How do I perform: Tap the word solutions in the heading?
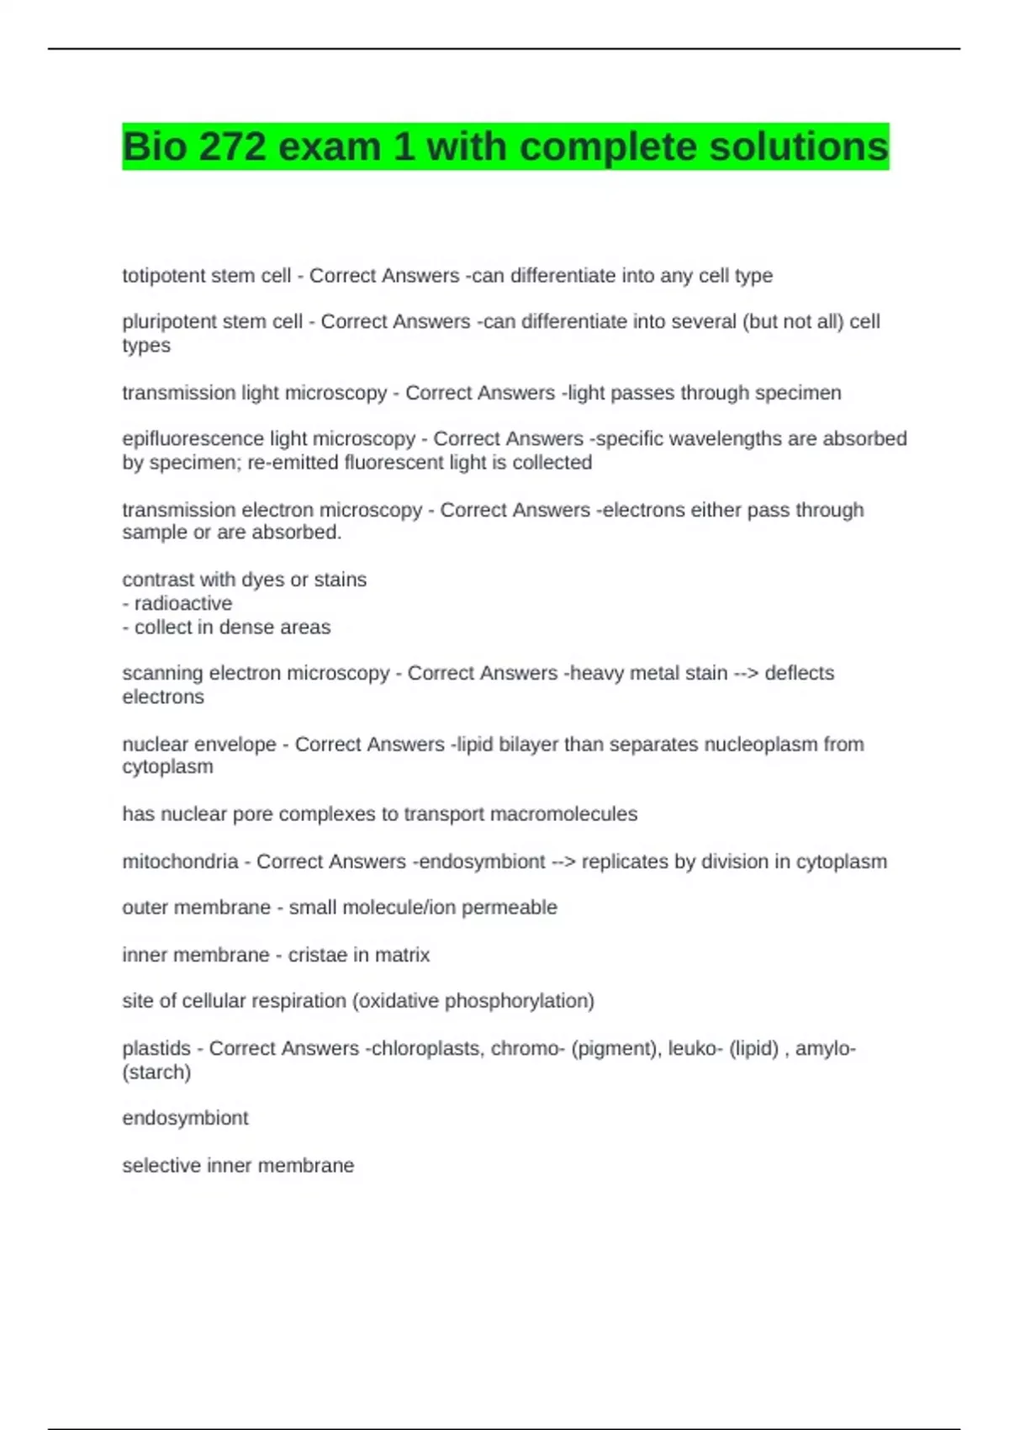coord(799,147)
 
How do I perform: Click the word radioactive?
coord(183,603)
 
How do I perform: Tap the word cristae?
coord(316,955)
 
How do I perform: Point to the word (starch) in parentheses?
coord(156,1072)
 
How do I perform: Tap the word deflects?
coord(799,673)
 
